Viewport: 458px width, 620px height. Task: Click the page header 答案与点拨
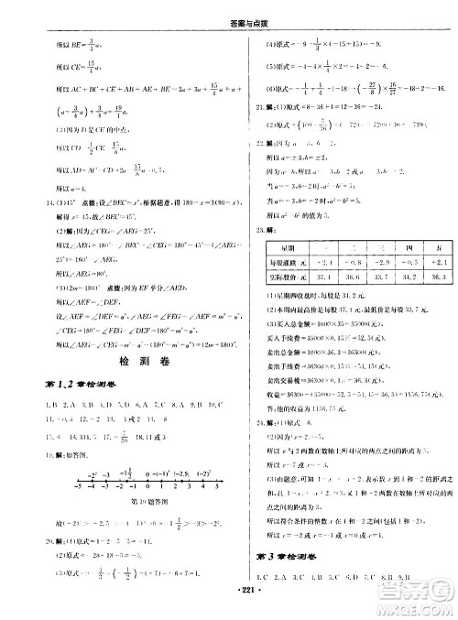tap(229, 8)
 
